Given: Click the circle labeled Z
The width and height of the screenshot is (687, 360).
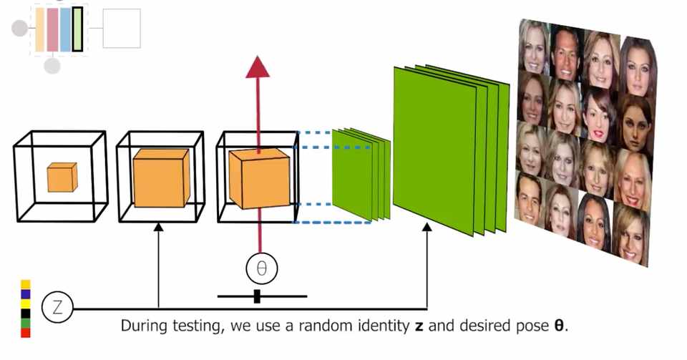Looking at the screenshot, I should [58, 308].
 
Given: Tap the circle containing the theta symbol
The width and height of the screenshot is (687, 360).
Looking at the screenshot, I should [261, 268].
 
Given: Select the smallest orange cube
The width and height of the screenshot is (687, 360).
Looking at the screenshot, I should [62, 177].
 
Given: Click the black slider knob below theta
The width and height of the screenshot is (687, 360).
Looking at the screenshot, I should [257, 296].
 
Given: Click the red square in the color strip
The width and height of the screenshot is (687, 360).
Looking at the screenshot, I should [26, 333].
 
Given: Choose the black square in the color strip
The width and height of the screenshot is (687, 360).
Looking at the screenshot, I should [26, 313].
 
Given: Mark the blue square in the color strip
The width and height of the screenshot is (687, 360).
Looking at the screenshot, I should [26, 293].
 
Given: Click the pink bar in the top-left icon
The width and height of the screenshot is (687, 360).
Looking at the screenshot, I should [52, 29].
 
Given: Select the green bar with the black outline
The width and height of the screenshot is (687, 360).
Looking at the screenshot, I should [77, 29].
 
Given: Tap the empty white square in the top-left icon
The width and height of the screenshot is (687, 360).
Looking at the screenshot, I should [122, 29].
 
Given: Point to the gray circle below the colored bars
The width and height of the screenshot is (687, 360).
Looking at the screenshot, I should [52, 67].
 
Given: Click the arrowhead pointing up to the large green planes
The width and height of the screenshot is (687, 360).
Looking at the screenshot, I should [427, 228].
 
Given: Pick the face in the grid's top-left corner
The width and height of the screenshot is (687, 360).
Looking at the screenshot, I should [533, 45].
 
